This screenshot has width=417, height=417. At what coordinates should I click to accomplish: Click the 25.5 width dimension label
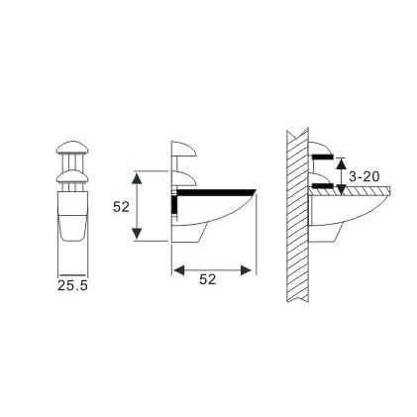(x=72, y=285)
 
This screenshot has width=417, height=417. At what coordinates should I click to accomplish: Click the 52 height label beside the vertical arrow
(x=121, y=207)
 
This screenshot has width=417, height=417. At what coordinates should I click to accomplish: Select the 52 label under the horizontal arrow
(x=208, y=280)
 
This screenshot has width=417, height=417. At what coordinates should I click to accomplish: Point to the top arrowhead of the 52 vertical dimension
(x=138, y=175)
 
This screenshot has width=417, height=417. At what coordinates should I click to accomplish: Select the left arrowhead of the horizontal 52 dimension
(x=178, y=268)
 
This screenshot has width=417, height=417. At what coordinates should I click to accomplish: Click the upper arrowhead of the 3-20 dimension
(x=341, y=162)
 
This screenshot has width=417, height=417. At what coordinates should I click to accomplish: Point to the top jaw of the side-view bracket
(x=185, y=152)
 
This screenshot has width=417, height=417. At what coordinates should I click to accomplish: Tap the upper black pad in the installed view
(x=323, y=156)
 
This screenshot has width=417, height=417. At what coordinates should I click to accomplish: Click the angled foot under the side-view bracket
(x=190, y=234)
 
